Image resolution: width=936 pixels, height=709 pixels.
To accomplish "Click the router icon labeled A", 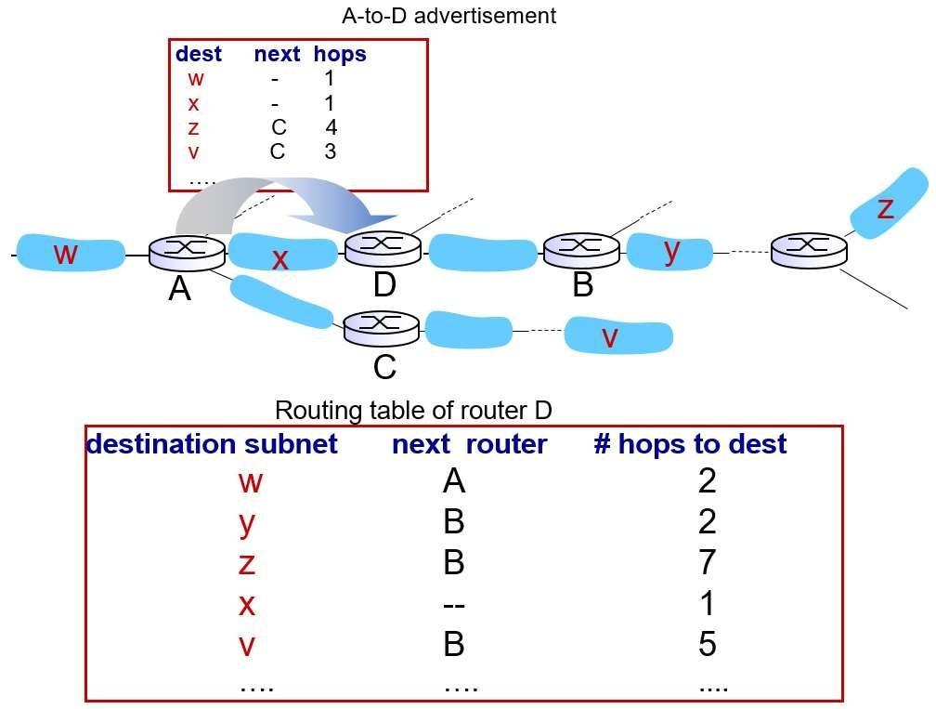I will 187,252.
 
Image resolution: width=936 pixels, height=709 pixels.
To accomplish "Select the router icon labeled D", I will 383,247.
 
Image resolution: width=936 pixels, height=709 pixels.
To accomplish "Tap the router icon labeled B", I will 581,248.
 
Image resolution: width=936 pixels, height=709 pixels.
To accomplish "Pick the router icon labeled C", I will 383,326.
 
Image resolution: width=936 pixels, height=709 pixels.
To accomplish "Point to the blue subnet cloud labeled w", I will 70,253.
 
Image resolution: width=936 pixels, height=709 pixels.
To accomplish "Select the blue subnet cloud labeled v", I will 618,335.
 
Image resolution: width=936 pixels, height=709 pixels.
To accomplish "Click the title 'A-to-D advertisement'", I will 449,16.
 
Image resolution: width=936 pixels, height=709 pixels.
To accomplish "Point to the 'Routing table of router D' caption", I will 413,410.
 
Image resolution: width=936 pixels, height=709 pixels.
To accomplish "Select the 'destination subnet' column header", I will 212,444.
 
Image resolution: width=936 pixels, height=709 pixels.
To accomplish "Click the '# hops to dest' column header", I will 690,444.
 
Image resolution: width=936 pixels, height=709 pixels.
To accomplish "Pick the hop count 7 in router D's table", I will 707,563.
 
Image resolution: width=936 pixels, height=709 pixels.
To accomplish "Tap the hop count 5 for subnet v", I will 707,644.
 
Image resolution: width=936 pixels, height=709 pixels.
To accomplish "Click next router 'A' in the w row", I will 453,481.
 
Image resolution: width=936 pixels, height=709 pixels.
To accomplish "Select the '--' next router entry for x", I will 453,604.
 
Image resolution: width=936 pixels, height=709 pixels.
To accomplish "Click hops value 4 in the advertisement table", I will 331,127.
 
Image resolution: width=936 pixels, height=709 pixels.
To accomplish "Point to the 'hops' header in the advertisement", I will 340,54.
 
